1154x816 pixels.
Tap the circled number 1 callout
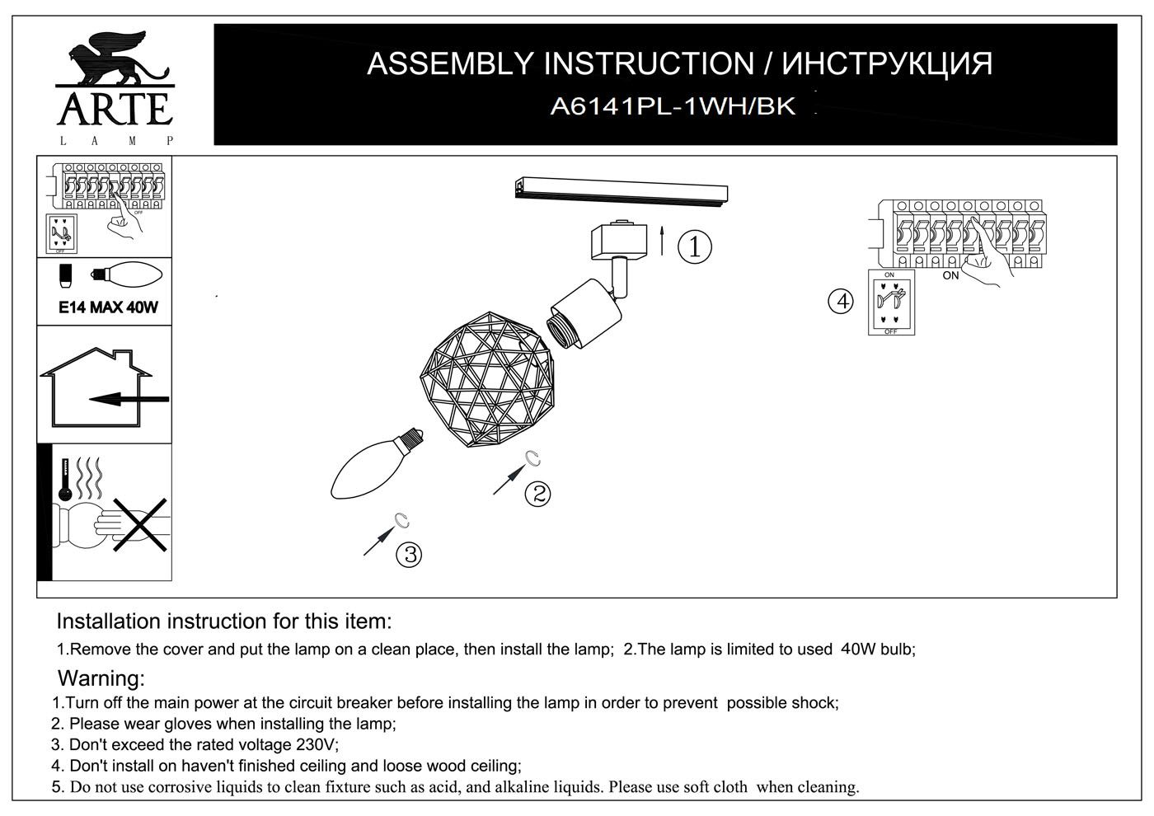694,246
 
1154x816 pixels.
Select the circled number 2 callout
537,494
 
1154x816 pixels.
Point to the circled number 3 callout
409,554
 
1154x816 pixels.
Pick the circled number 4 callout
841,302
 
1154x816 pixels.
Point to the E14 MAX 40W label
108,307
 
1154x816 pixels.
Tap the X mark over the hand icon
139,524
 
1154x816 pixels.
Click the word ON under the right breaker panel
950,275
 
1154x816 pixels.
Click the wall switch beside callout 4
890,302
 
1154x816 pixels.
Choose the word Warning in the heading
101,679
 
